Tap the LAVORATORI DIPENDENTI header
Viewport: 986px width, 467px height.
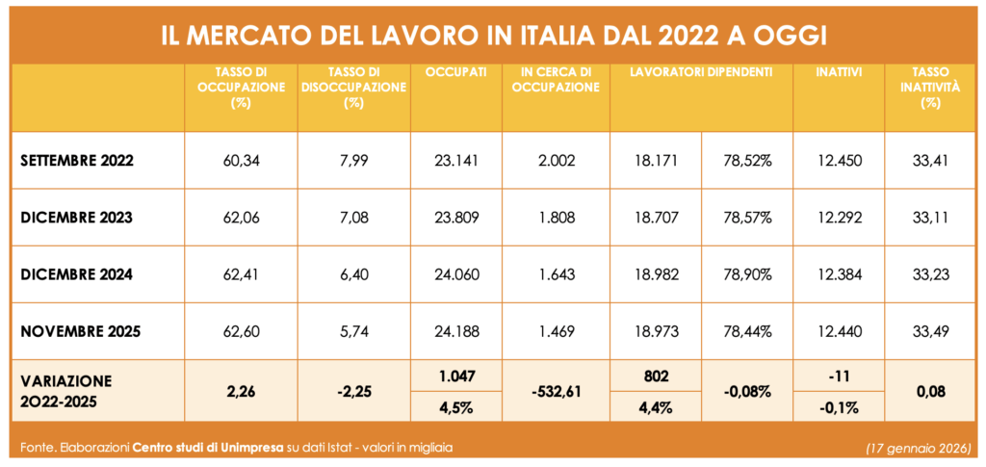point(702,72)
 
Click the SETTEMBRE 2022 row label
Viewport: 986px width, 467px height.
point(77,160)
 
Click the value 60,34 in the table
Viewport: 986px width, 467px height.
point(241,160)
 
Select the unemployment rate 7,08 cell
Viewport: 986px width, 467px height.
point(353,218)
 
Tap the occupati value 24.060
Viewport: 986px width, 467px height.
point(456,274)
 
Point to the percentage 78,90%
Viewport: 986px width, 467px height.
point(747,274)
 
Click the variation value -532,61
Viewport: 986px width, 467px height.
point(557,390)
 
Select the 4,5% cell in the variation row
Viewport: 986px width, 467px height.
point(456,405)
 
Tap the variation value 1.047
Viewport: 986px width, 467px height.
point(456,375)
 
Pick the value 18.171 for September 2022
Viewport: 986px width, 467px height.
point(656,160)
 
